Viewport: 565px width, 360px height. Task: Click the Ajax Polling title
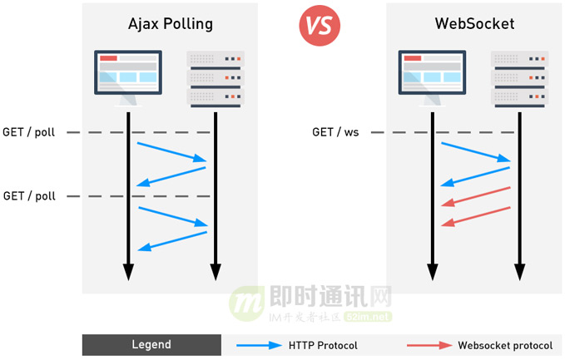coord(171,23)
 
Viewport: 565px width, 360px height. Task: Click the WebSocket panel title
coord(474,23)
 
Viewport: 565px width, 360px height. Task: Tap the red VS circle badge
coord(320,24)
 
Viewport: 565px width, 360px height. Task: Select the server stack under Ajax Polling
coord(216,80)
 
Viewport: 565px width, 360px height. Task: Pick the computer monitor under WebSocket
coord(431,75)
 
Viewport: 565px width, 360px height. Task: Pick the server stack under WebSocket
coord(520,80)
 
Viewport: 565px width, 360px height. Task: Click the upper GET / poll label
coord(29,132)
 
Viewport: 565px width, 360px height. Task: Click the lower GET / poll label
coord(29,196)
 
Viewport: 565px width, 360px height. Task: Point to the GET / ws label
coord(335,132)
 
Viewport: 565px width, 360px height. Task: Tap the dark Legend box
coord(151,345)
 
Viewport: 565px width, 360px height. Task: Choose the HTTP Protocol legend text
coord(323,345)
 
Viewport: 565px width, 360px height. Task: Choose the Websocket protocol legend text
coord(504,345)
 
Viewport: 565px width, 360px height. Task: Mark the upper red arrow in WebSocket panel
coord(475,195)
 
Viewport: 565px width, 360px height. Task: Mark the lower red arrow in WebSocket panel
coord(475,215)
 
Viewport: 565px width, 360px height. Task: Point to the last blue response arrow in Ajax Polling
coord(172,239)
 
